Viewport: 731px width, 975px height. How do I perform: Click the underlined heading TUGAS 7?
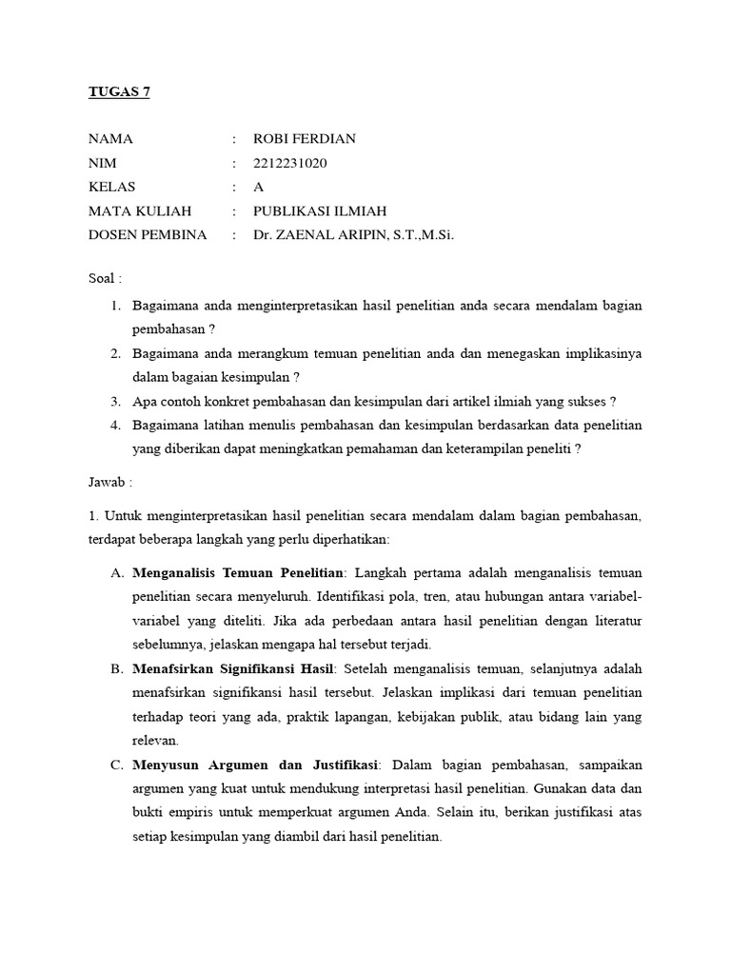pos(119,92)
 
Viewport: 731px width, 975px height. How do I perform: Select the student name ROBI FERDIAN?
pos(304,139)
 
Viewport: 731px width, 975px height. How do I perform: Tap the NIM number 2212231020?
pos(289,163)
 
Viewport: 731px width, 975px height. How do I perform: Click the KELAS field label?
pos(112,187)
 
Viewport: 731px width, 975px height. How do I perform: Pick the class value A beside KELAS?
pos(258,187)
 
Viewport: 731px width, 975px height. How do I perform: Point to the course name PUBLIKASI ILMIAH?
pos(319,210)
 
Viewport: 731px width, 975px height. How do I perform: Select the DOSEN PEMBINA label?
pos(148,234)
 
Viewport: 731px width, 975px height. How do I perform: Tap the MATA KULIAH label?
pos(140,210)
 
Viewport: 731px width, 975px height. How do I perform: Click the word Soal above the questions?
pos(102,279)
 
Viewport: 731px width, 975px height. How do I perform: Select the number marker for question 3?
pos(114,401)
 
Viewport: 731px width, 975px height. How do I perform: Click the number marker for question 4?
pos(114,425)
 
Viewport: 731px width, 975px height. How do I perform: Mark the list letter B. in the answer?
pos(117,668)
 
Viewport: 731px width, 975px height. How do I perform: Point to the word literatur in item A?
pos(615,621)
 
